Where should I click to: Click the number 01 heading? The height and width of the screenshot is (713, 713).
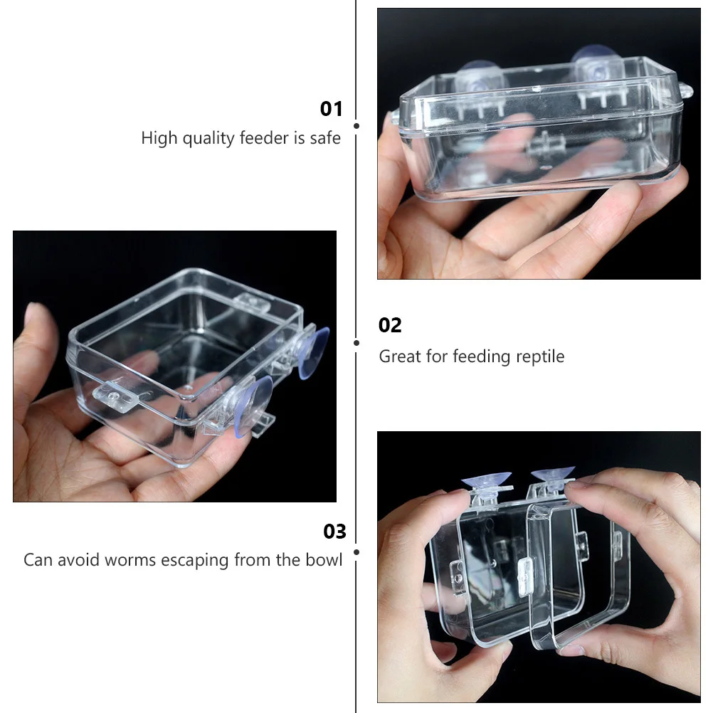pos(332,109)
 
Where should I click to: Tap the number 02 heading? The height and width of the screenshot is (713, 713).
pos(390,325)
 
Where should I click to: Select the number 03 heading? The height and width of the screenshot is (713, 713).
pos(334,532)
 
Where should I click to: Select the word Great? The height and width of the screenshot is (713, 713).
pos(400,356)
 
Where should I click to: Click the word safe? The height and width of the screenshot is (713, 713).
pos(325,137)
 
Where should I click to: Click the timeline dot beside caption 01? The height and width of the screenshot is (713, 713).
pos(356,126)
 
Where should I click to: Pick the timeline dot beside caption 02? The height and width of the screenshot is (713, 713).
pos(356,342)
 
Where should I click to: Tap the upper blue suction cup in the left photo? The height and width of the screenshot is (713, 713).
pos(313,352)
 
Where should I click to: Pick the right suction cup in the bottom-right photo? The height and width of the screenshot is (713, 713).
pos(553,472)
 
